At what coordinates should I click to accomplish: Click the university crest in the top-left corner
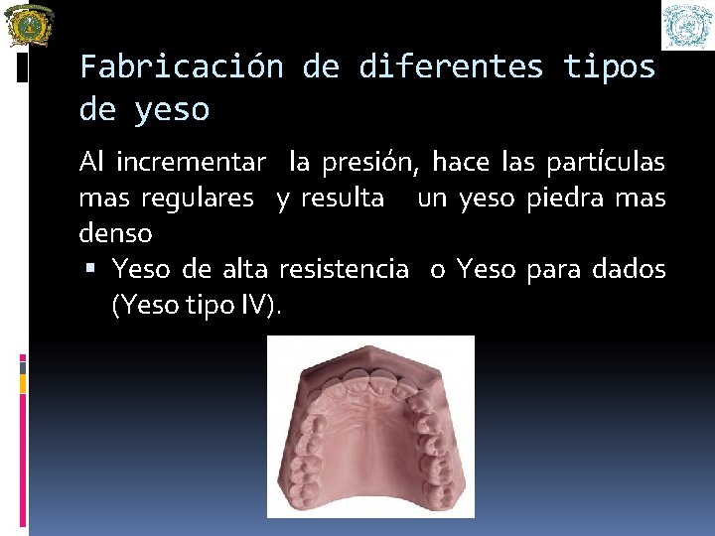(x=29, y=25)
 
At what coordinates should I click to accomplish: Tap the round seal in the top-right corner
(x=688, y=25)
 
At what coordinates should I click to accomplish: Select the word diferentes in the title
(x=451, y=67)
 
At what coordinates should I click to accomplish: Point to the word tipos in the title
(x=609, y=67)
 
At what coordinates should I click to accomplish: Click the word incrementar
(x=191, y=161)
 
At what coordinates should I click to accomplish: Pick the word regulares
(x=197, y=198)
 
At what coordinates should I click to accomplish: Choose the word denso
(x=115, y=234)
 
